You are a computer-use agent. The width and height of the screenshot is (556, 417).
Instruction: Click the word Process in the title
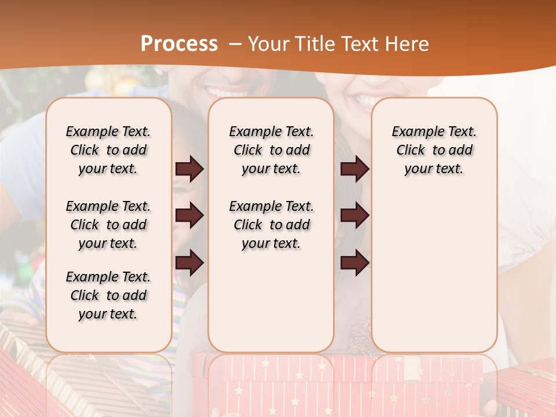pyautogui.click(x=179, y=43)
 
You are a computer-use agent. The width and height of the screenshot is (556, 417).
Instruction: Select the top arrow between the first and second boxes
pyautogui.click(x=189, y=169)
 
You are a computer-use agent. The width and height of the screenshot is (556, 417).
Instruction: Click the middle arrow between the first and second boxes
pyautogui.click(x=189, y=216)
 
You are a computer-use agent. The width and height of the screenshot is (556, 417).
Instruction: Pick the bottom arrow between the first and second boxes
pyautogui.click(x=189, y=263)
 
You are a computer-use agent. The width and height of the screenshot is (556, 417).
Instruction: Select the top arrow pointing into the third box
pyautogui.click(x=354, y=169)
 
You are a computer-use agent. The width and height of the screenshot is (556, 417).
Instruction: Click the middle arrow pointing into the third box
pyautogui.click(x=354, y=216)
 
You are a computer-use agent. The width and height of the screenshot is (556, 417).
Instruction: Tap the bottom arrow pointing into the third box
pyautogui.click(x=354, y=263)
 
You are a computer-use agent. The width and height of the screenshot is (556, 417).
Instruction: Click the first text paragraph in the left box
pyautogui.click(x=108, y=150)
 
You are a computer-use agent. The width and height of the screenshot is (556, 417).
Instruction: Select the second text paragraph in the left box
pyautogui.click(x=108, y=225)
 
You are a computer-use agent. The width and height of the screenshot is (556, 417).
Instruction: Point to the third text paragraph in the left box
pyautogui.click(x=108, y=295)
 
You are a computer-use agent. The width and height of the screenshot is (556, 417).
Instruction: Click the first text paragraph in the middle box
pyautogui.click(x=272, y=150)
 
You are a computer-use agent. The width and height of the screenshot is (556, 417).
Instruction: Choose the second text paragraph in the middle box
pyautogui.click(x=272, y=225)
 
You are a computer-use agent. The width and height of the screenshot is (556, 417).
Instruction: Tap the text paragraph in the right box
pyautogui.click(x=434, y=150)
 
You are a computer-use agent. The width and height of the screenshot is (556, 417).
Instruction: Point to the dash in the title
pyautogui.click(x=235, y=44)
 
